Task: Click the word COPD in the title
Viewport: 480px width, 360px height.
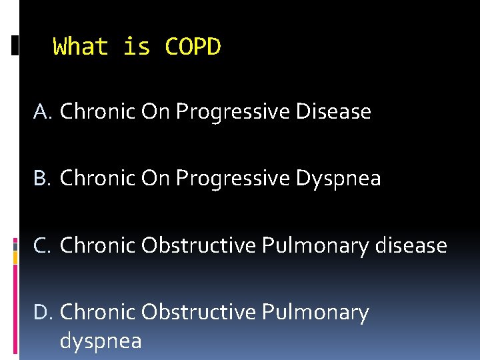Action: click(193, 47)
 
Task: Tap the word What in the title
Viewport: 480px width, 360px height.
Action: click(80, 47)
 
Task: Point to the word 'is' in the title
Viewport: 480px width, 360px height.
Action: click(137, 47)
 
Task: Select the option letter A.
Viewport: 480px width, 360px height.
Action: click(41, 112)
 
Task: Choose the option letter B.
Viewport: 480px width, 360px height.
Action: click(41, 179)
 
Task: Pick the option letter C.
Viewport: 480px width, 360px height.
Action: click(41, 245)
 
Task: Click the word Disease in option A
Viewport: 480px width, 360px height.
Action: click(333, 112)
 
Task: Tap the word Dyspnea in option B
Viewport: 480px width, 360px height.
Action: click(339, 179)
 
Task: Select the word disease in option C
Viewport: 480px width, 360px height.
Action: click(411, 245)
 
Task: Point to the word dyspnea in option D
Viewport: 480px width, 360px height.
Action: click(101, 341)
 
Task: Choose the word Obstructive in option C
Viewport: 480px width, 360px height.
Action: click(198, 245)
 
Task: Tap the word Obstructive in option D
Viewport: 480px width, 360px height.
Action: click(198, 312)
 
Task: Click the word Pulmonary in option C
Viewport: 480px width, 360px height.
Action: click(315, 245)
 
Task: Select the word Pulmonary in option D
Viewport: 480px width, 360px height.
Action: click(315, 312)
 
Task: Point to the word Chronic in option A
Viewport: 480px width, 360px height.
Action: click(97, 112)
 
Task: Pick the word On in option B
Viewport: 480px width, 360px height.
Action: click(156, 179)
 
